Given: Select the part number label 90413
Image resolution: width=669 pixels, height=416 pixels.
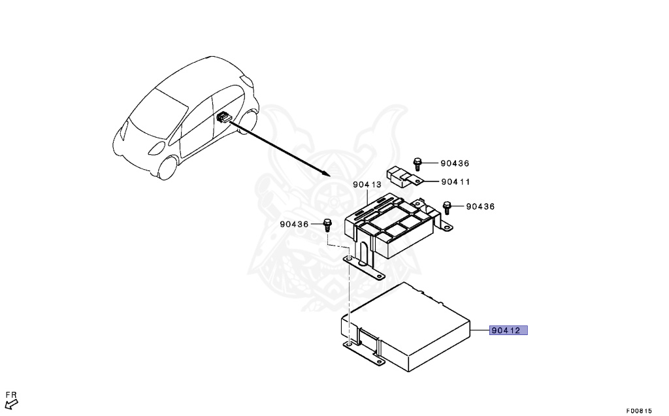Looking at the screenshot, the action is click(x=367, y=185).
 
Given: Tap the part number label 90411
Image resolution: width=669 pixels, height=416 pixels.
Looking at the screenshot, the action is click(x=455, y=182).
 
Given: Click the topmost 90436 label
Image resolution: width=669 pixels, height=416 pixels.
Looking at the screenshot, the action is click(x=455, y=163).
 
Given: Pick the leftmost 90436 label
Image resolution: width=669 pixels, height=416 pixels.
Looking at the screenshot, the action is click(x=294, y=224).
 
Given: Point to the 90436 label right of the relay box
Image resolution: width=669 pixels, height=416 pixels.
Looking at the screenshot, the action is click(x=480, y=206).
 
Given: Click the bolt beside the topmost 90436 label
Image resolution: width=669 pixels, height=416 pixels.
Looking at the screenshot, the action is click(x=417, y=163).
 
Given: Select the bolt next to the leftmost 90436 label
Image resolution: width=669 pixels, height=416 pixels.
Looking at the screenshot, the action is click(x=327, y=225).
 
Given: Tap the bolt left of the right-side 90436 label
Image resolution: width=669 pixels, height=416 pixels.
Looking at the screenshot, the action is click(x=448, y=207).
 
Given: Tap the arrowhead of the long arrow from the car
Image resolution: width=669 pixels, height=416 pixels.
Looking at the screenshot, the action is click(x=326, y=174).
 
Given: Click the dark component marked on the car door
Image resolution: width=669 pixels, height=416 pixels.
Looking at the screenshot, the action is click(x=222, y=118).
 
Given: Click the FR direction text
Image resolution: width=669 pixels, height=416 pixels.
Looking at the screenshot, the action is click(x=11, y=394).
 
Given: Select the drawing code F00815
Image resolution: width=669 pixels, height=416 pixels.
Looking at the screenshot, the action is click(x=638, y=410).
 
